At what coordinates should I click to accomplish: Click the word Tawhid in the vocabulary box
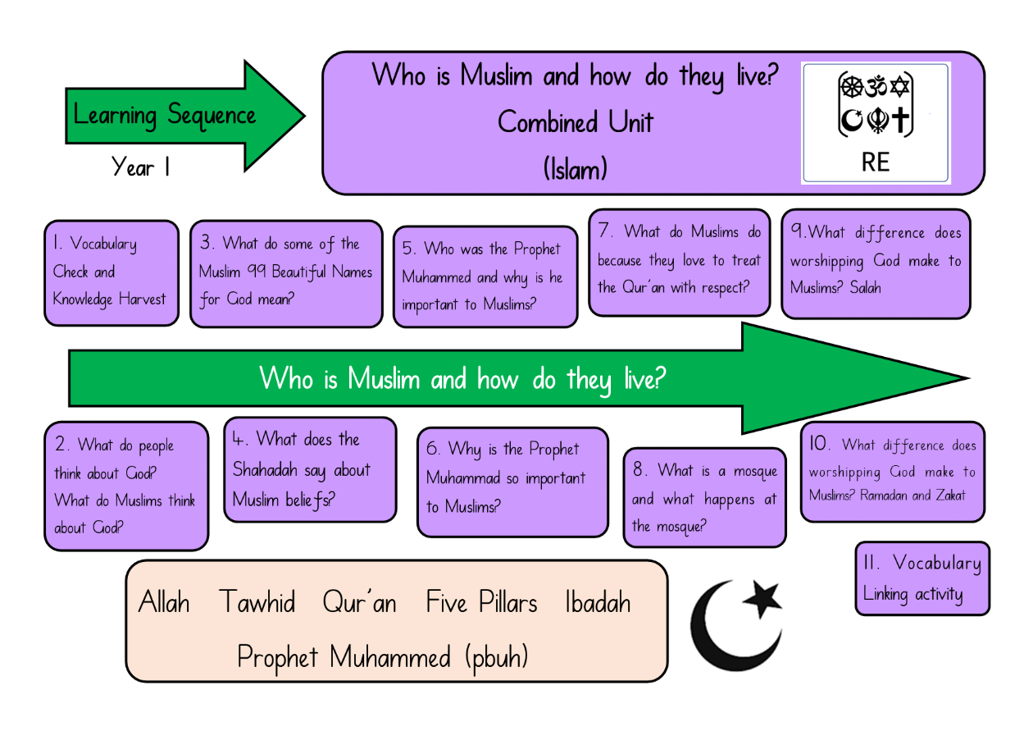(x=257, y=601)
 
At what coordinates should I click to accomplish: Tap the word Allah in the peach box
(x=164, y=601)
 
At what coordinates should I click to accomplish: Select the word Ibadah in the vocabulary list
(x=598, y=601)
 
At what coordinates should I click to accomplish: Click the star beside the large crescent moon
(x=762, y=599)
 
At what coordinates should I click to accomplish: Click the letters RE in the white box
(x=876, y=162)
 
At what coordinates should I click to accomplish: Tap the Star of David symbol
(x=899, y=86)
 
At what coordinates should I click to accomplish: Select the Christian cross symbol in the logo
(x=900, y=121)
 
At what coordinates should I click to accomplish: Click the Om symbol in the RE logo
(x=876, y=86)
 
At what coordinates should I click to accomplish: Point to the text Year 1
(x=140, y=167)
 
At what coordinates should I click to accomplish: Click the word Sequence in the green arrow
(x=212, y=115)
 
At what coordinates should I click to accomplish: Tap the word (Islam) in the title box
(x=575, y=169)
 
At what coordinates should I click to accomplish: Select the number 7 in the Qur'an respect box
(x=603, y=231)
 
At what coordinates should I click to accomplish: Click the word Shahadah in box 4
(x=265, y=470)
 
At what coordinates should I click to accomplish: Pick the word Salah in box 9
(x=865, y=288)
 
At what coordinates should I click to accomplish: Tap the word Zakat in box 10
(x=950, y=496)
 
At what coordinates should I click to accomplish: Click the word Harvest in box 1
(x=142, y=299)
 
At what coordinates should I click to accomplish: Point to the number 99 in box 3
(x=257, y=271)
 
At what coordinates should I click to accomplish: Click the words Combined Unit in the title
(x=575, y=122)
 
